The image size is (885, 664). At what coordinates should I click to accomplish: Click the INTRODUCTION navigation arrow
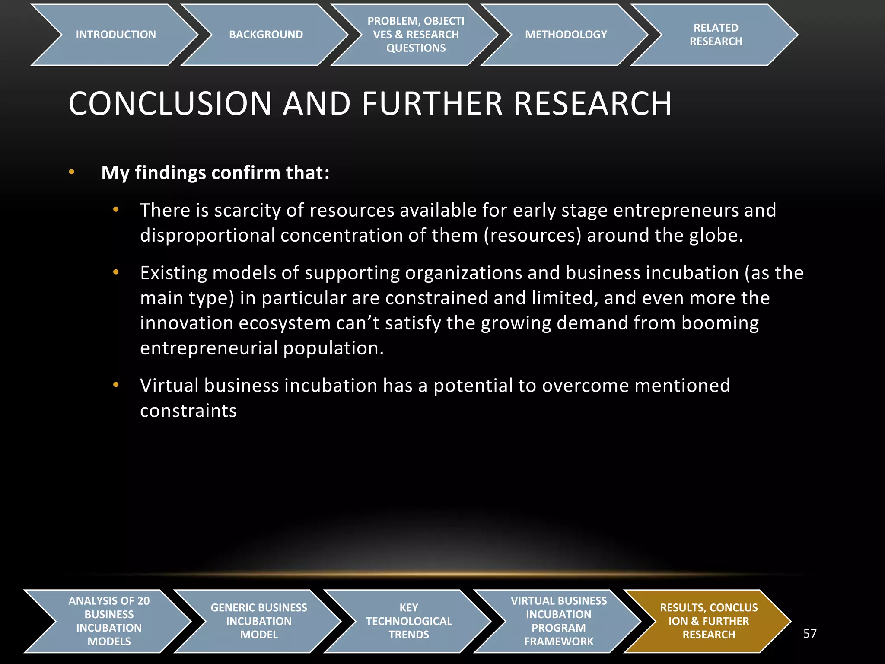click(115, 35)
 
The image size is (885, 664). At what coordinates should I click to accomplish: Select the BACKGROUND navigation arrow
click(265, 35)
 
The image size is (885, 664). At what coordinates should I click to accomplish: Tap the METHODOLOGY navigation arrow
click(566, 35)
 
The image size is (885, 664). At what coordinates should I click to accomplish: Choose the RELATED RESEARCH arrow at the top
click(716, 35)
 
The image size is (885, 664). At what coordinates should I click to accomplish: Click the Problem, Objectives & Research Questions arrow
click(416, 35)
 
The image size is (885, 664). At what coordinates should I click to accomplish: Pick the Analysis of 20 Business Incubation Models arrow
click(109, 621)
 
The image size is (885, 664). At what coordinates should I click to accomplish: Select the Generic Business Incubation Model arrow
click(259, 621)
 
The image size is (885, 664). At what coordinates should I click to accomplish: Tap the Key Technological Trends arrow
click(409, 621)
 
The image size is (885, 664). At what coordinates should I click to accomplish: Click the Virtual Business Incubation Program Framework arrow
click(559, 621)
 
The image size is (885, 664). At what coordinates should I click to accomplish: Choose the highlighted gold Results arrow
click(709, 621)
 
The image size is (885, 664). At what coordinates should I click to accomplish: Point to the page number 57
click(810, 634)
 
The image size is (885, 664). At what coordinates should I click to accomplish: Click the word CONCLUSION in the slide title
click(170, 104)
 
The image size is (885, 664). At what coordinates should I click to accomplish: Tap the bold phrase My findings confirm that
click(215, 172)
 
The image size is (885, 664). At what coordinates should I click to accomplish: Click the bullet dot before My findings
click(72, 172)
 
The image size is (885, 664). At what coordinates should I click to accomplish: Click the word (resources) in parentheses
click(532, 236)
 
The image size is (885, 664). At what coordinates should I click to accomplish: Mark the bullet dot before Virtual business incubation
click(115, 385)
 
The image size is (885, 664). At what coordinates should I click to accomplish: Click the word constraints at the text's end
click(188, 411)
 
